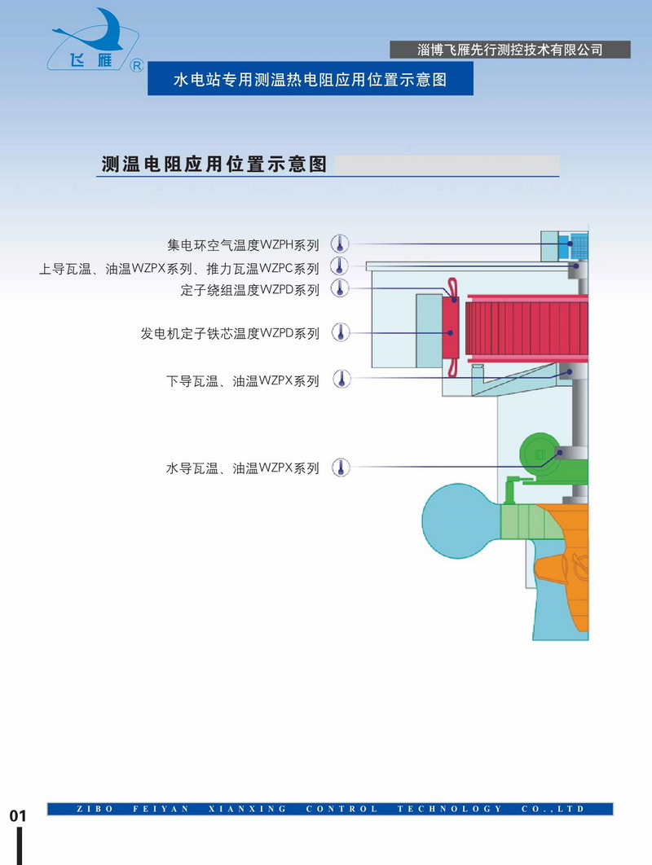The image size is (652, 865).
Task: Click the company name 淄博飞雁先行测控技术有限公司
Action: coord(510,50)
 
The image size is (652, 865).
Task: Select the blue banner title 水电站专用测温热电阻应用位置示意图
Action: coord(310,81)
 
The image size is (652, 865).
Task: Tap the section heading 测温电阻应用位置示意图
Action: coord(214,164)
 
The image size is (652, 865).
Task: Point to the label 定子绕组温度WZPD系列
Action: coord(249,289)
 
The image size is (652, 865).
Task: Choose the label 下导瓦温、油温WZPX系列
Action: coord(243,380)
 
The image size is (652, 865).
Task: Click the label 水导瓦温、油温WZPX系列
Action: coord(243,468)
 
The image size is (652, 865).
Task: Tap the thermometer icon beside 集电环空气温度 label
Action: coord(340,244)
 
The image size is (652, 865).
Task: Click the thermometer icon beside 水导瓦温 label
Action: coord(340,468)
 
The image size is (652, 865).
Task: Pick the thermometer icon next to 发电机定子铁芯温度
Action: coord(340,332)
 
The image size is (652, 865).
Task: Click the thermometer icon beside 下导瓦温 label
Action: coord(340,380)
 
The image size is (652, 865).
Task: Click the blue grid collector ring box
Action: coord(578,244)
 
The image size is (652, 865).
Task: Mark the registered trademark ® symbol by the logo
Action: coord(137,64)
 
